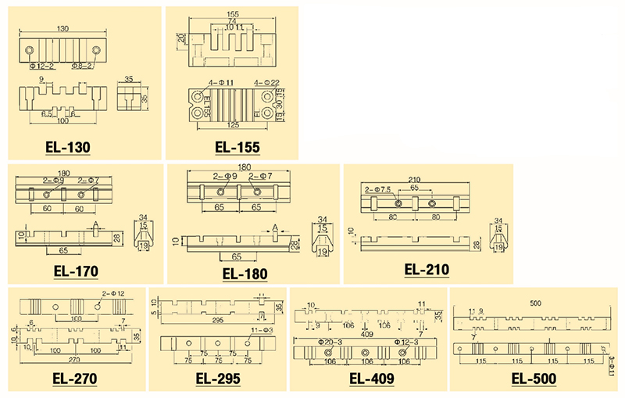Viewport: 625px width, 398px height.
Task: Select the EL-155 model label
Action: point(237,147)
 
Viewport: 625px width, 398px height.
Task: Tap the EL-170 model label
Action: point(76,273)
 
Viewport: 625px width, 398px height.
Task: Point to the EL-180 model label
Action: point(245,274)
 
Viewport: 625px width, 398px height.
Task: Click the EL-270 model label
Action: point(74,380)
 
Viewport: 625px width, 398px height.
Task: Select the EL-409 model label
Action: point(371,380)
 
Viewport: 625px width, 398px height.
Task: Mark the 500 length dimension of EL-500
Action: point(534,303)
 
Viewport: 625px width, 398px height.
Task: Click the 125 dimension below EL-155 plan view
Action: point(233,125)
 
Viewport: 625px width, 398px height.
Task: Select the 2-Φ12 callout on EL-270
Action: point(114,293)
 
